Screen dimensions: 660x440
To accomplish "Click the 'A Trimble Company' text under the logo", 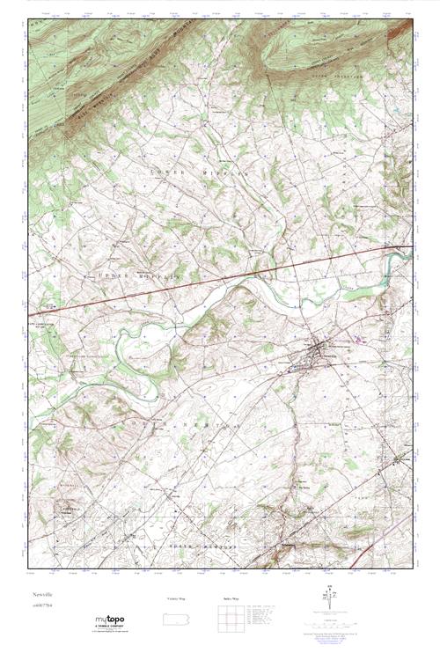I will [112, 627].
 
